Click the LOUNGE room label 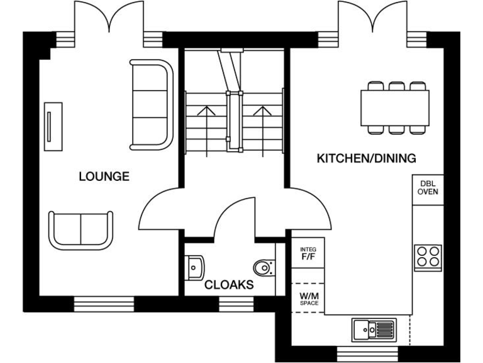[104, 176]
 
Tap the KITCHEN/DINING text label [366, 158]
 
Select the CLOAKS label [229, 285]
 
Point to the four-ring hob [428, 257]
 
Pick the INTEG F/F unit [308, 253]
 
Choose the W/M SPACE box [308, 299]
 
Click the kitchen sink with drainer [373, 328]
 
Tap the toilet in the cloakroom [264, 268]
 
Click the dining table [395, 108]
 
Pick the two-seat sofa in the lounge [82, 229]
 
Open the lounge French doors [109, 19]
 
